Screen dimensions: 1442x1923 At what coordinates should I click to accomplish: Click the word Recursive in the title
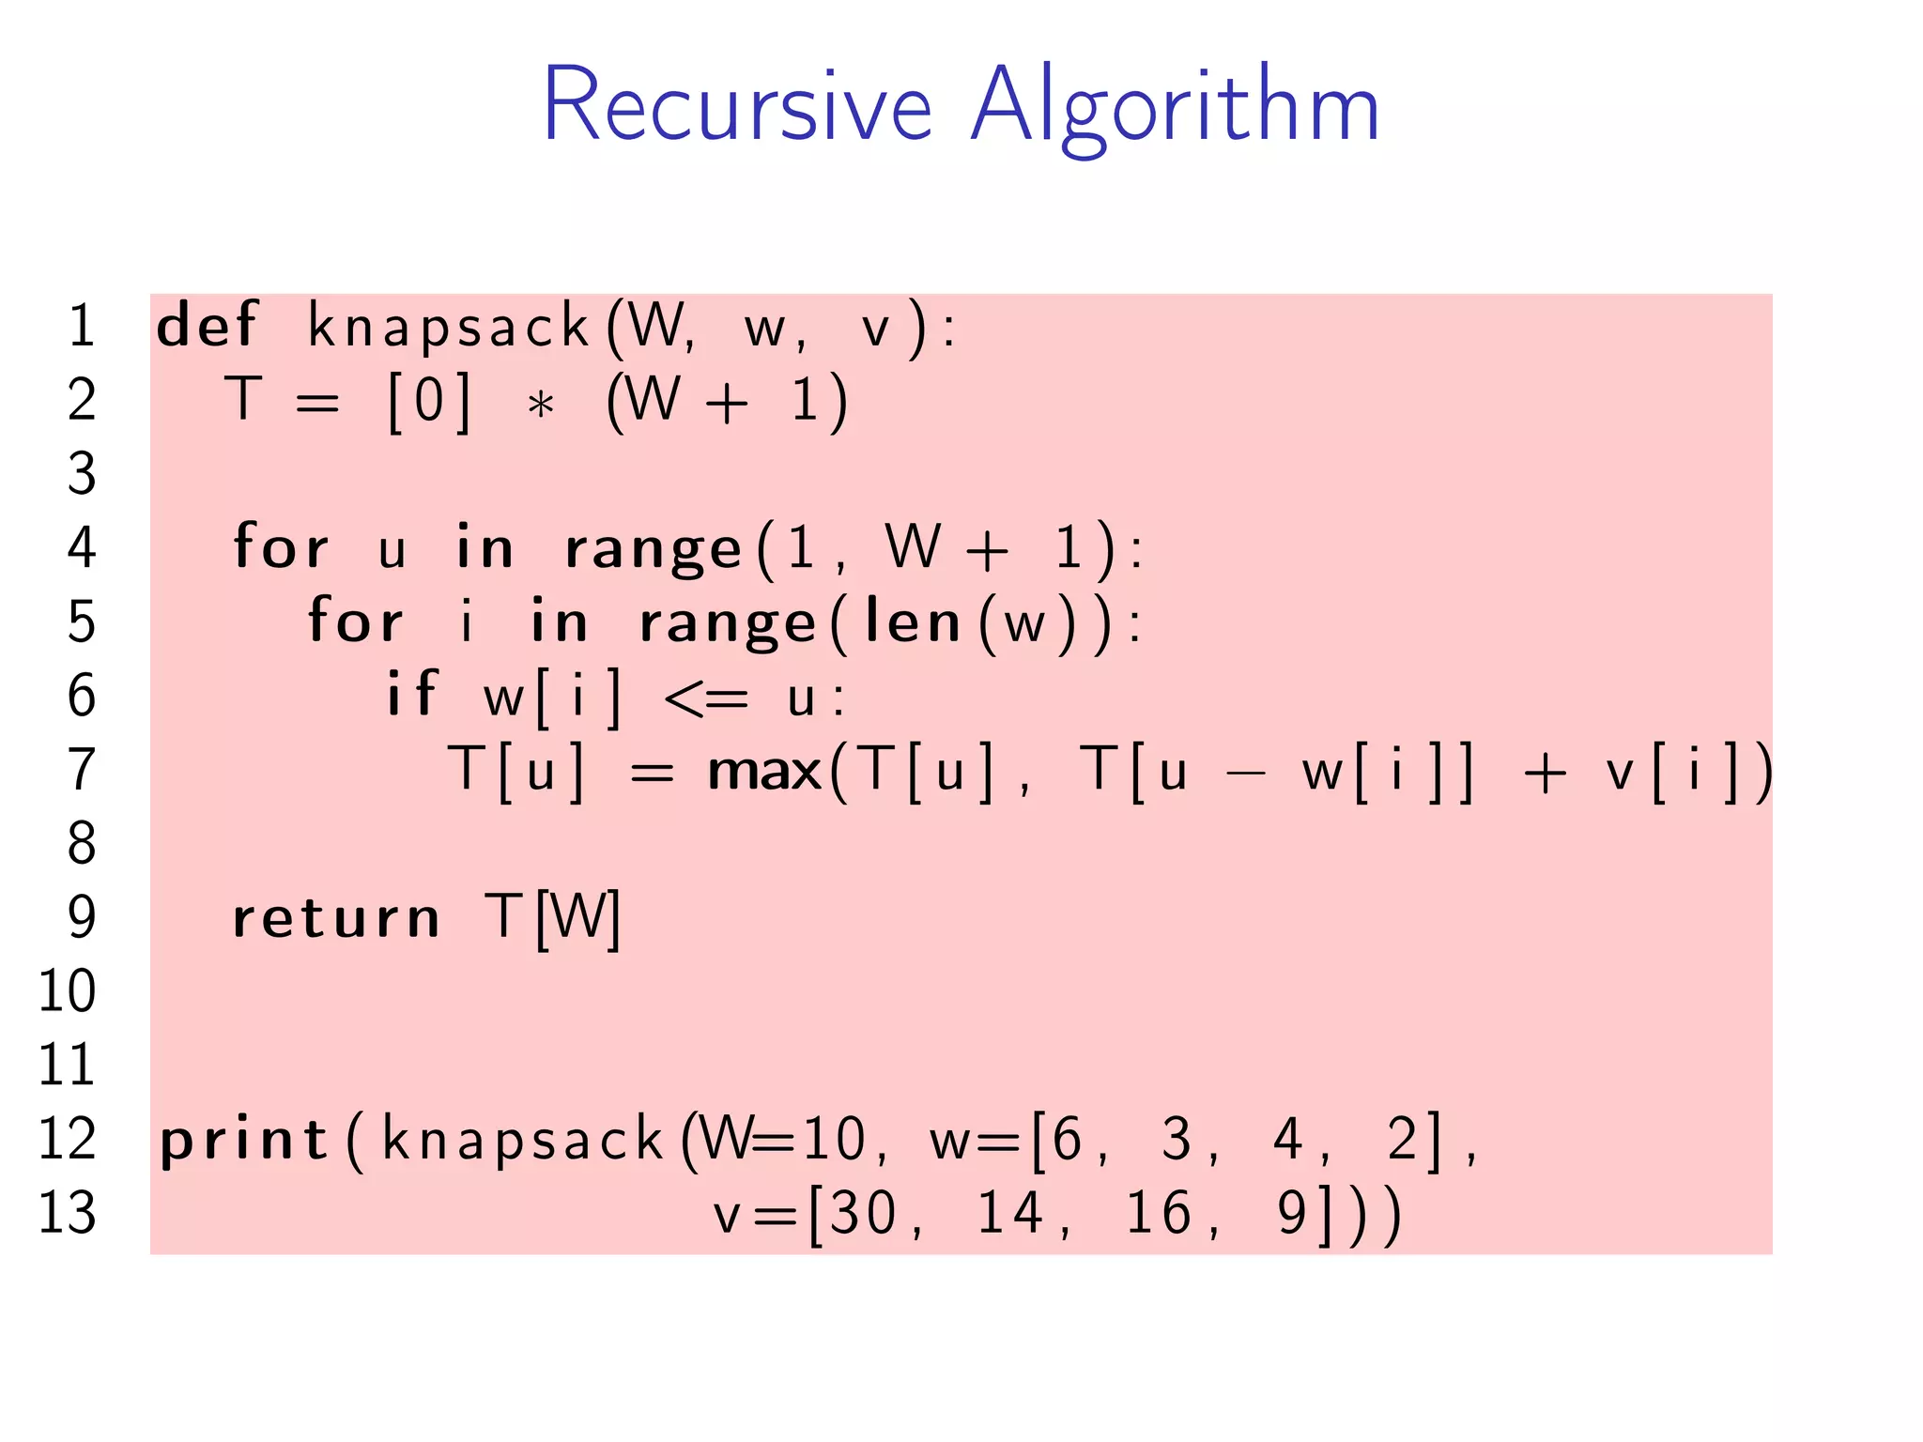tap(737, 105)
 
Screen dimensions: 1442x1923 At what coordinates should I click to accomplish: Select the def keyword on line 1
tap(206, 326)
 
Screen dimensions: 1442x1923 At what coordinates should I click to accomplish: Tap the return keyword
tap(335, 917)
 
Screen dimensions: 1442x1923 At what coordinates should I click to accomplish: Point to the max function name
tap(764, 772)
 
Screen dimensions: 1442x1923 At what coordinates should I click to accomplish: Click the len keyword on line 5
tap(912, 622)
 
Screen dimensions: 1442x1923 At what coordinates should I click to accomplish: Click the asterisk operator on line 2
tap(540, 405)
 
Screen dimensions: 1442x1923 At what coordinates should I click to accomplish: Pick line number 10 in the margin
tap(67, 990)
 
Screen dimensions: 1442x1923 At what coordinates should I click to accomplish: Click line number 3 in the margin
tap(82, 473)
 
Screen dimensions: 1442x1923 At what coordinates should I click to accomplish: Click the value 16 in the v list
tap(1159, 1213)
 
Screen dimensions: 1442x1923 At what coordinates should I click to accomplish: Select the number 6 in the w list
tap(1068, 1140)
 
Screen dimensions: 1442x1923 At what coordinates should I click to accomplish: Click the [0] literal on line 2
tap(429, 402)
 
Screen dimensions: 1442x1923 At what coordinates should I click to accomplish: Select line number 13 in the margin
tap(67, 1213)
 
